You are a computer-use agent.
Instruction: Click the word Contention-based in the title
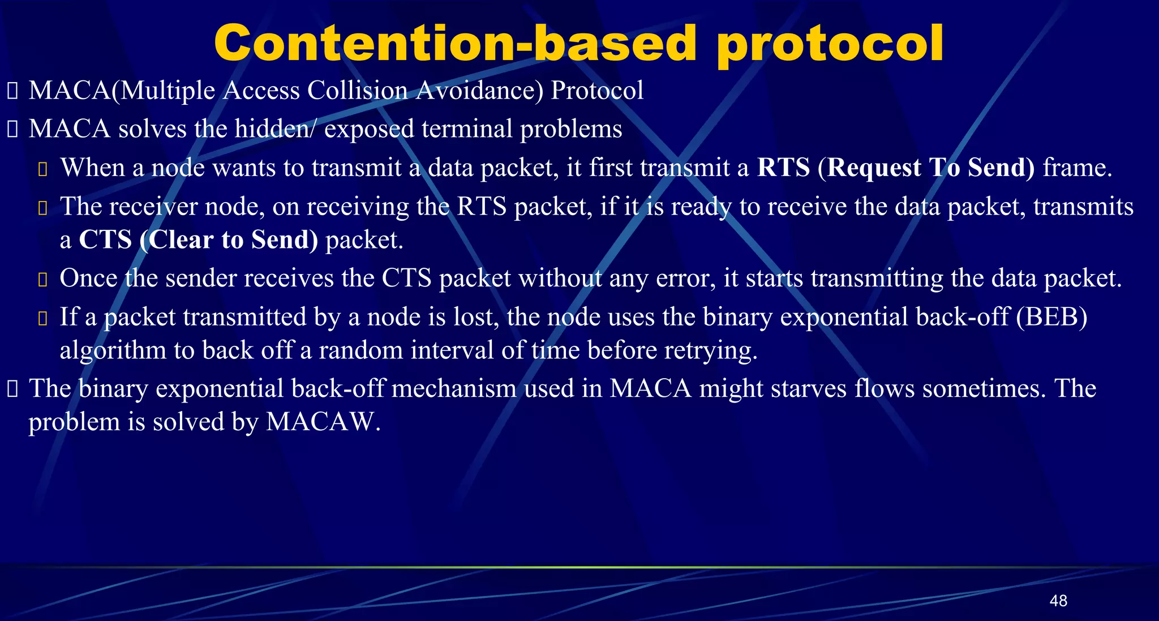coord(455,44)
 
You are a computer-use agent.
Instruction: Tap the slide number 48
coord(1058,601)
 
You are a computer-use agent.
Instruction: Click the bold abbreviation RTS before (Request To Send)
coord(783,168)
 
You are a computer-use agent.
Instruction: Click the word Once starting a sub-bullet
coord(88,279)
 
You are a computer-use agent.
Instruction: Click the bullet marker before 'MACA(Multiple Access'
coord(12,91)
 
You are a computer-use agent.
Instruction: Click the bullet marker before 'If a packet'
coord(42,318)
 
